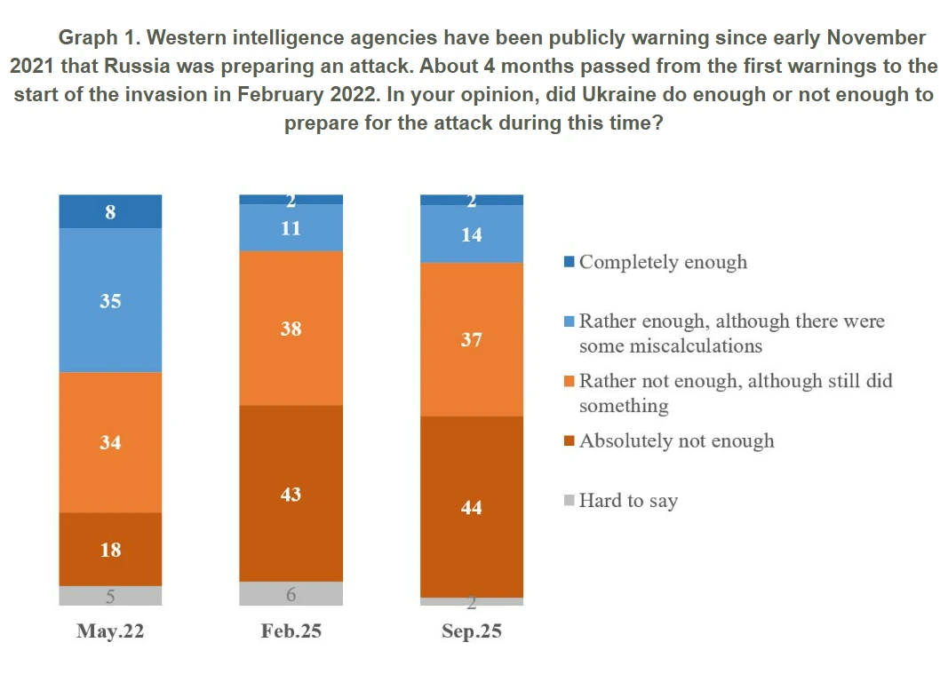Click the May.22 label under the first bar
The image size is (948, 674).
tap(110, 631)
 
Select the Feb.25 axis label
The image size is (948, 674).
tap(291, 631)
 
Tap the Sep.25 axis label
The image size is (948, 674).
tap(471, 631)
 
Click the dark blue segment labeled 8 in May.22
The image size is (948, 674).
tap(110, 211)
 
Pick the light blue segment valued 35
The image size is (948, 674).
tap(110, 300)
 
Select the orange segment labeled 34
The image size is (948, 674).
tap(110, 441)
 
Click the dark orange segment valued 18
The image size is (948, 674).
tap(110, 549)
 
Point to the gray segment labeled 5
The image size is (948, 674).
tap(110, 595)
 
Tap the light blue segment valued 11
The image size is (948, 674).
tap(291, 227)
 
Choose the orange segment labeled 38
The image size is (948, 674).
tap(291, 328)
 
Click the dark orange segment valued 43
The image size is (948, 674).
tap(291, 493)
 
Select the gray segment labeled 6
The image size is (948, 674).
tap(291, 593)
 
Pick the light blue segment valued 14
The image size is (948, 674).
tap(471, 234)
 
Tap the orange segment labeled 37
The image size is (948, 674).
tap(471, 339)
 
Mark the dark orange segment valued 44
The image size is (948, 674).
tap(471, 506)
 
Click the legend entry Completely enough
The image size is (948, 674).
tap(662, 262)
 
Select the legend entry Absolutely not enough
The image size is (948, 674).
tap(675, 441)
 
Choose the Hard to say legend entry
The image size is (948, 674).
tap(627, 501)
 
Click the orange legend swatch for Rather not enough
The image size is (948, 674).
tap(570, 381)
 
